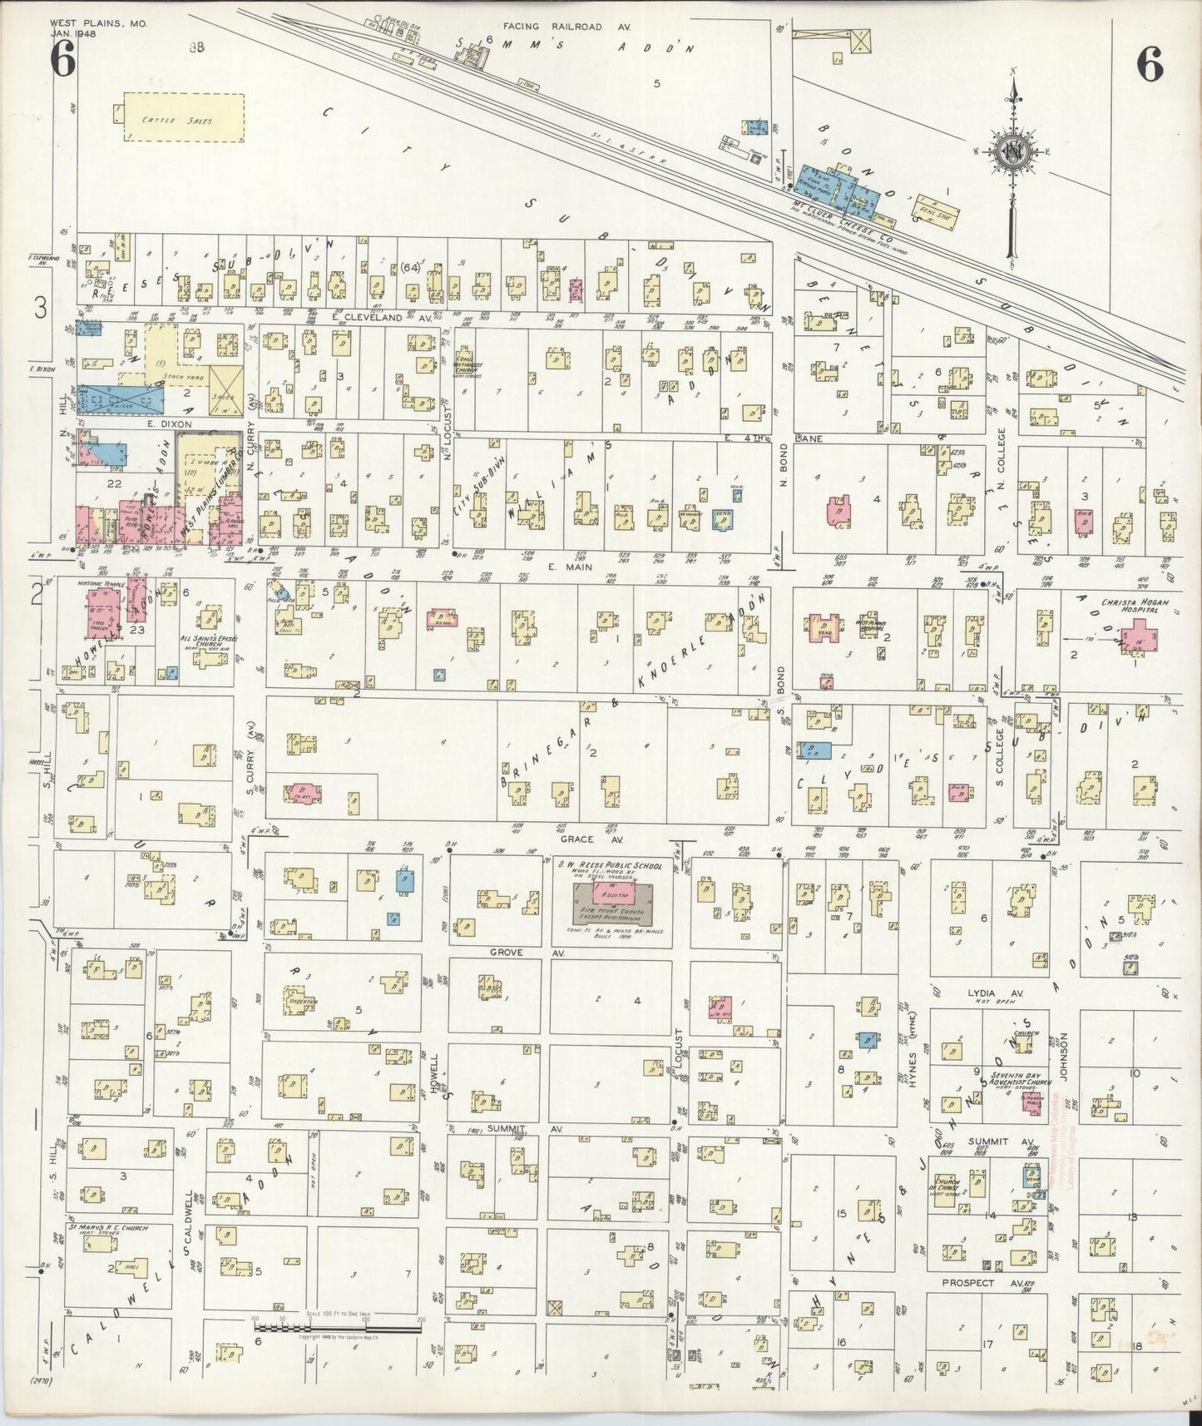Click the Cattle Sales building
click(184, 118)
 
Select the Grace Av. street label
click(576, 840)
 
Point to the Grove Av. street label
click(506, 951)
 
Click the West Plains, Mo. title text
click(98, 24)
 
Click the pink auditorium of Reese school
click(613, 894)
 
